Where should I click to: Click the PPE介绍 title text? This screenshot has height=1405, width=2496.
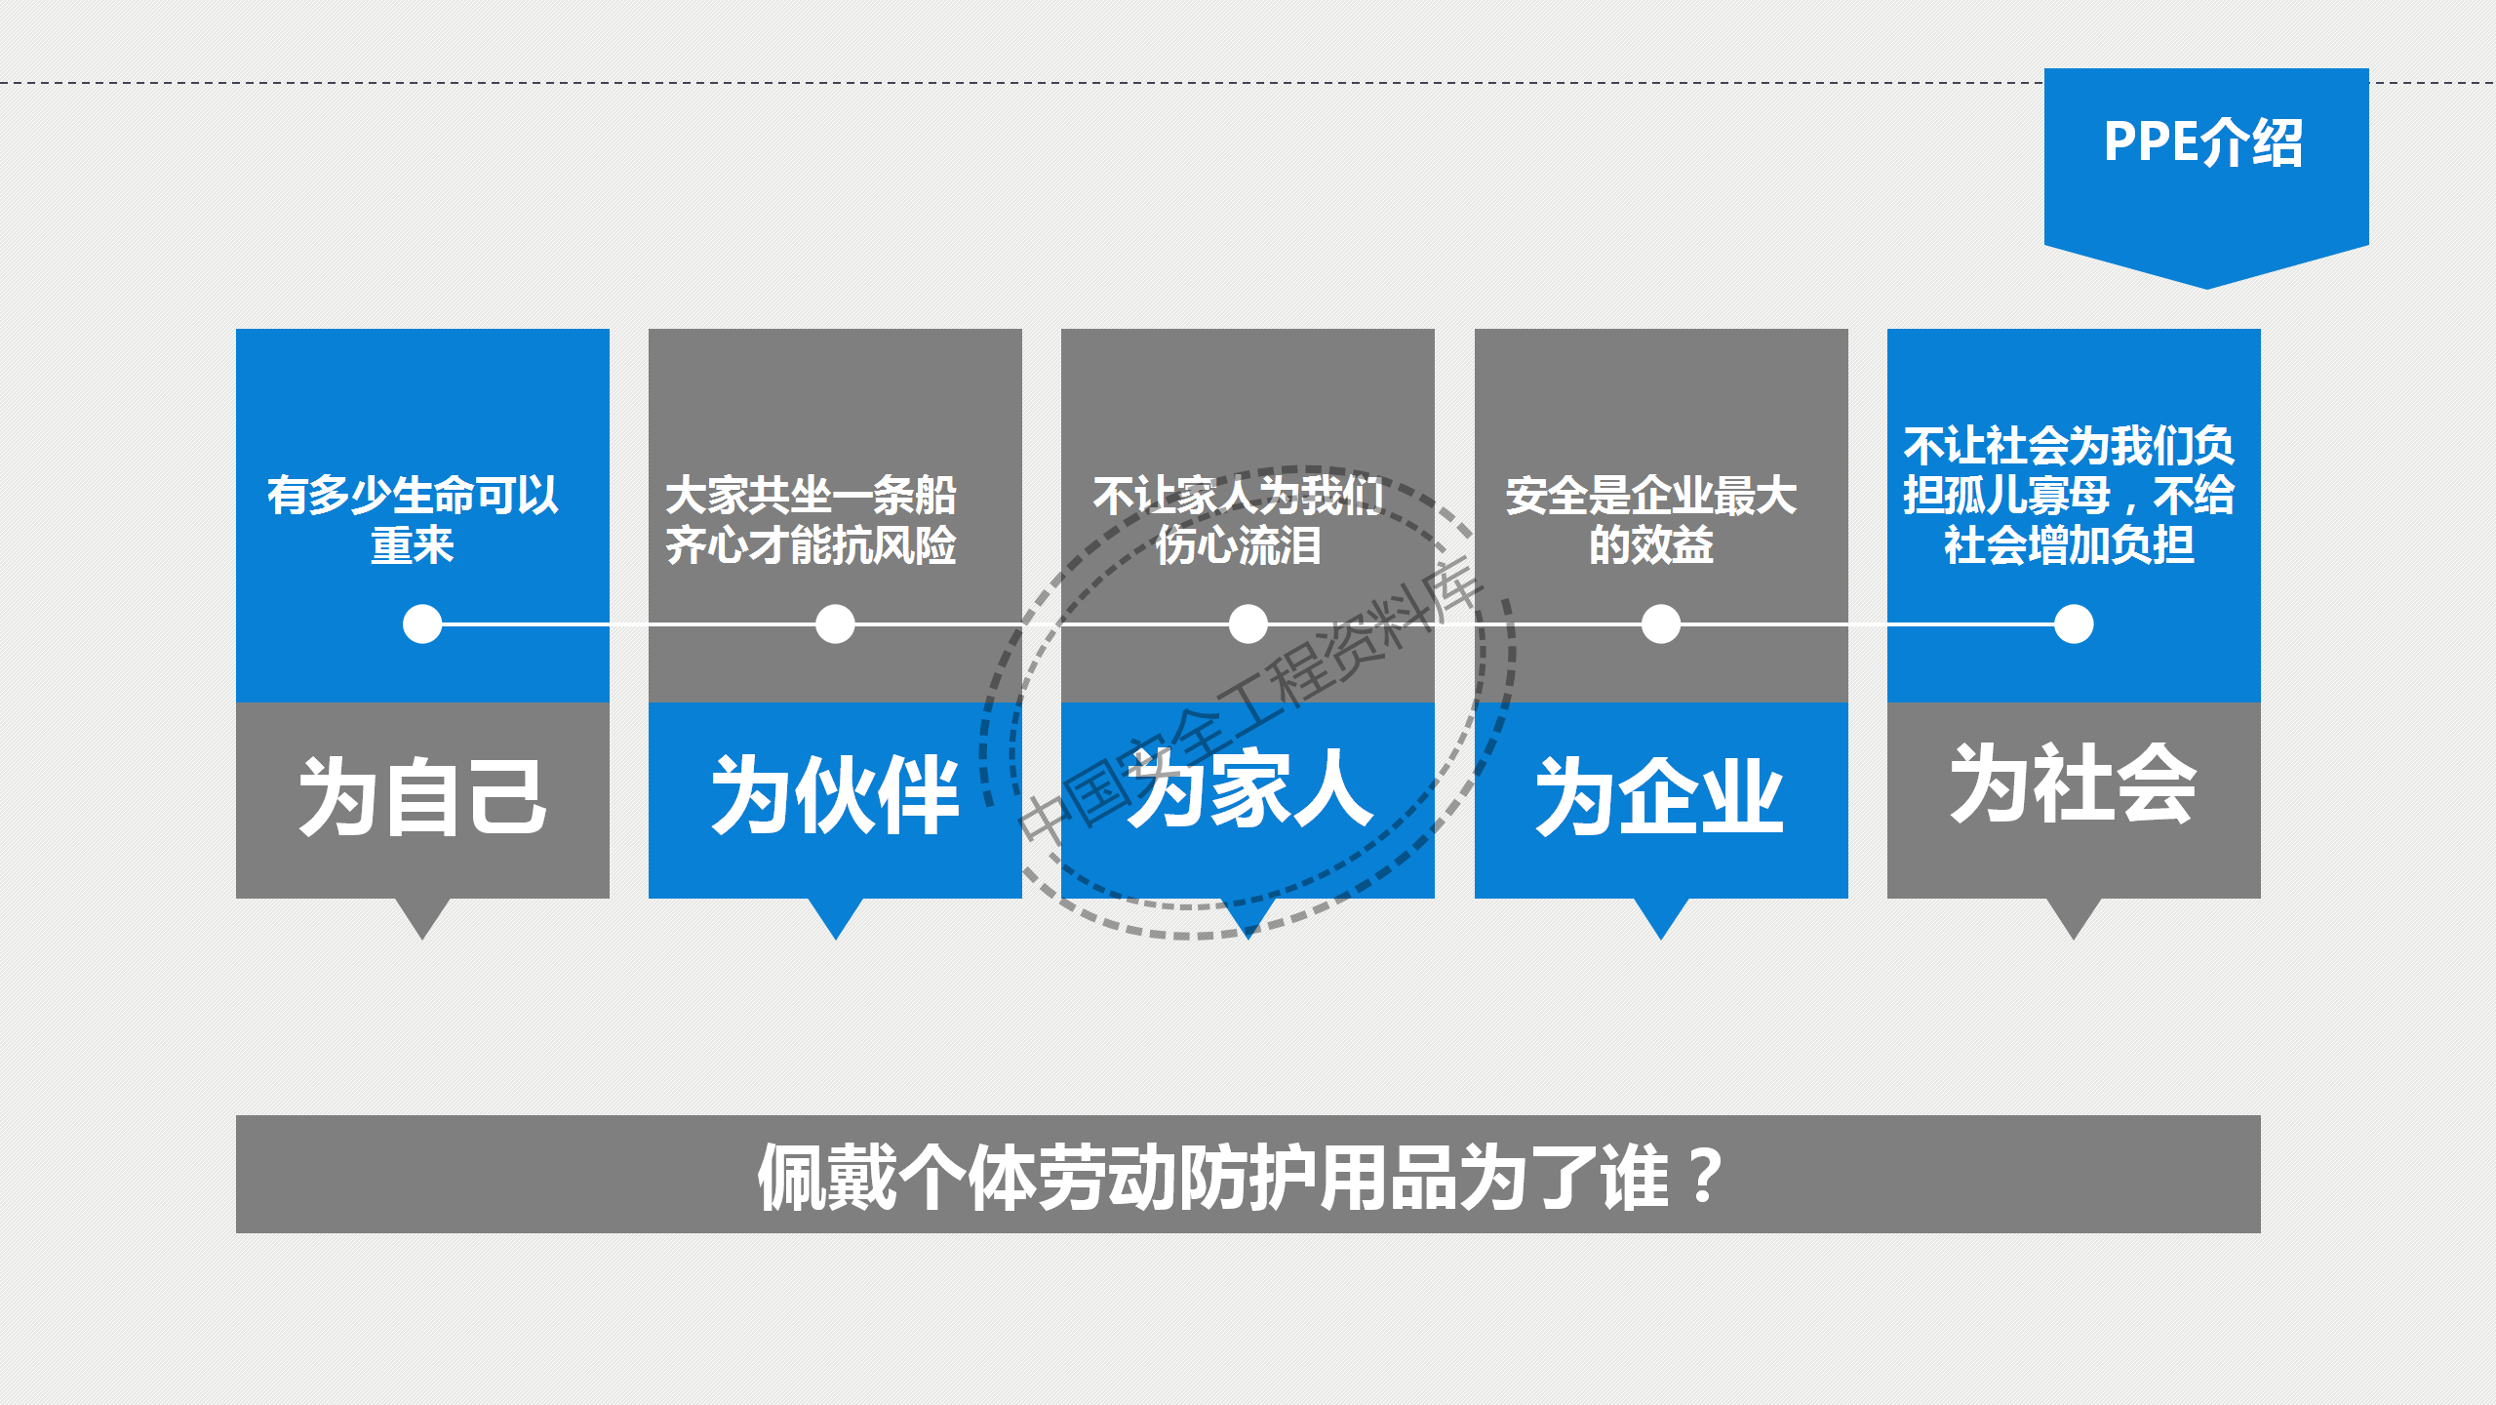[x=2203, y=143]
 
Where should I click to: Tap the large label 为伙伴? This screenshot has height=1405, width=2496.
[x=835, y=795]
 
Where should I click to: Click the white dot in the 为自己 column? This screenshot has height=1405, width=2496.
[x=422, y=624]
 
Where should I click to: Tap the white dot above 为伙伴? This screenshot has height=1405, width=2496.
[x=835, y=624]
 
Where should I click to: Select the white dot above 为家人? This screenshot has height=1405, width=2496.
[x=1248, y=624]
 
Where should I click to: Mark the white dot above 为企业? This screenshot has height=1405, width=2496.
[x=1660, y=624]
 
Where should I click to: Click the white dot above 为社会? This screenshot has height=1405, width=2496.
[x=2073, y=624]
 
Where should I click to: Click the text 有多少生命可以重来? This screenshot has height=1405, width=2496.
[x=413, y=520]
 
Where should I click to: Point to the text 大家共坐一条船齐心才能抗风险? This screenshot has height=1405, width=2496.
[x=811, y=520]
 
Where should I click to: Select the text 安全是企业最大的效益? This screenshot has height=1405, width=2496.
[x=1650, y=520]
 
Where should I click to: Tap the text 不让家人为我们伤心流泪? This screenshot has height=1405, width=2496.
[x=1238, y=520]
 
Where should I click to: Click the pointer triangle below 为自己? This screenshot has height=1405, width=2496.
[x=422, y=915]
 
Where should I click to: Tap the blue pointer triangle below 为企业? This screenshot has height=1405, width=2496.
[x=1660, y=915]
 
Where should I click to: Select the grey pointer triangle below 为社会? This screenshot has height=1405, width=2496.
[x=2073, y=915]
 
